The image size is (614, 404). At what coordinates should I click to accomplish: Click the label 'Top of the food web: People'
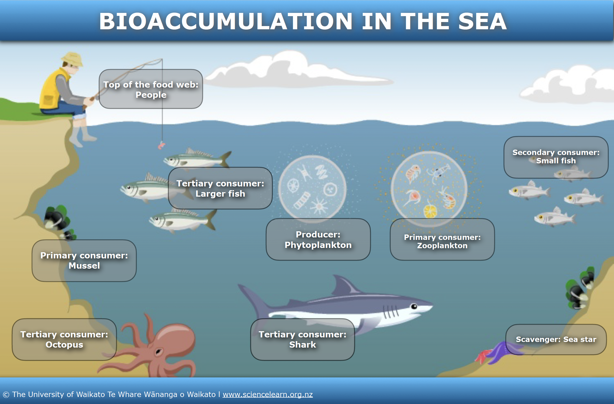click(x=151, y=89)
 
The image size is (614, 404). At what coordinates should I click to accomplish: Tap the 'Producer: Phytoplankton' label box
click(x=318, y=239)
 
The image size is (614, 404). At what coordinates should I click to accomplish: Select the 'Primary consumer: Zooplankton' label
click(x=442, y=241)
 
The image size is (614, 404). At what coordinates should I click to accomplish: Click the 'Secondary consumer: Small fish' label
click(x=556, y=157)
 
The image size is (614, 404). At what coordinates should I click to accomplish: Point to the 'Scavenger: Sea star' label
click(x=556, y=339)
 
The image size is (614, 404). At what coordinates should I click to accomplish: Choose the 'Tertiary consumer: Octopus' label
click(x=64, y=340)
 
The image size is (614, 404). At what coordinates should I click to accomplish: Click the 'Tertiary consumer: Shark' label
click(x=302, y=340)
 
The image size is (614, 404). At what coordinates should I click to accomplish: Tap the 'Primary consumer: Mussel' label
click(x=84, y=261)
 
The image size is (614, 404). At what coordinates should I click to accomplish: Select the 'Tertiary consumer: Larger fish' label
click(x=220, y=188)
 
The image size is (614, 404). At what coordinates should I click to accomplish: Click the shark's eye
click(x=414, y=306)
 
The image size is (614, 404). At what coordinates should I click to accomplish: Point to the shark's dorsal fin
click(x=345, y=285)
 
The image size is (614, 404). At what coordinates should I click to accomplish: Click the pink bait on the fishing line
click(x=161, y=145)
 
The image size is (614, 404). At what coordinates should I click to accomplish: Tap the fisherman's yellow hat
click(x=72, y=59)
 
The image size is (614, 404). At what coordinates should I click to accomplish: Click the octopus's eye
click(x=158, y=351)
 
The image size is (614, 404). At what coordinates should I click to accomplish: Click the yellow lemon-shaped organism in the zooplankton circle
click(x=430, y=211)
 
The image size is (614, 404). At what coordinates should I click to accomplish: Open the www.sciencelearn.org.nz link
click(x=267, y=394)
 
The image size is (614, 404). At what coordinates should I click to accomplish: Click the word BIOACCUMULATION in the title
click(x=226, y=21)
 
